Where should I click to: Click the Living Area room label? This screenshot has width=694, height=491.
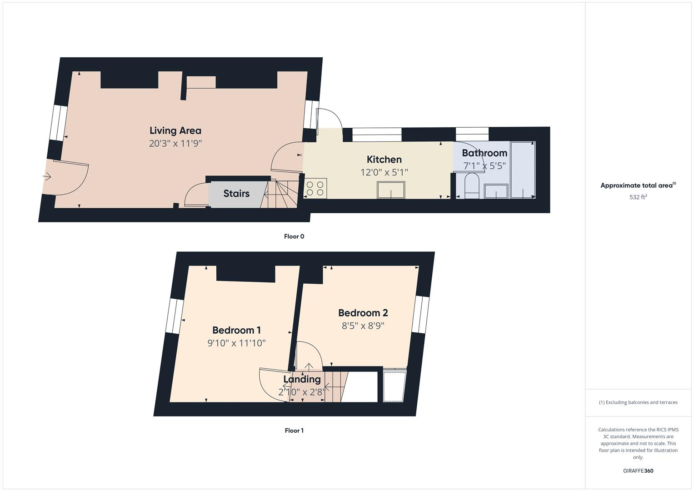coord(175,130)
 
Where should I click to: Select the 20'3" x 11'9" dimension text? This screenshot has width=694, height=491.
coord(175,144)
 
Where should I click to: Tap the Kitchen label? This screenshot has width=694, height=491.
coord(384,160)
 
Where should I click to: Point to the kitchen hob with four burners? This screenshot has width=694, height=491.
coord(315,189)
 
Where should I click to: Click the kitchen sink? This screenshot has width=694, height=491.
coord(391,190)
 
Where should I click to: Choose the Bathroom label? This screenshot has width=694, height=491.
coord(484,153)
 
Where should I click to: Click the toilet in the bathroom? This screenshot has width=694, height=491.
coord(471,186)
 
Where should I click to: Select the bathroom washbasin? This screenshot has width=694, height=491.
coord(496,191)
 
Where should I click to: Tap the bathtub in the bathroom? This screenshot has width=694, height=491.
coord(523,170)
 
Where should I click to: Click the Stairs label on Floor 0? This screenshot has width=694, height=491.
coord(236,194)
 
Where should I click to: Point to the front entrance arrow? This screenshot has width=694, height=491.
coord(47,177)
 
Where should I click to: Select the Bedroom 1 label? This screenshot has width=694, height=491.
coord(236,331)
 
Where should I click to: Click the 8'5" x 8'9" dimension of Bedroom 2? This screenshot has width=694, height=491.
coord(363,326)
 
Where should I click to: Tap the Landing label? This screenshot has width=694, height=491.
coord(302,379)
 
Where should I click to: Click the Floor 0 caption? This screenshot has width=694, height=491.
coord(294,236)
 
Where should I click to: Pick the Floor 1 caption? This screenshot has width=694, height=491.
coord(294,431)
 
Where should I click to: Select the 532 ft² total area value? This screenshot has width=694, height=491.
coord(638,197)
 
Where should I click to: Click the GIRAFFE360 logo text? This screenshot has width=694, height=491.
coord(638,471)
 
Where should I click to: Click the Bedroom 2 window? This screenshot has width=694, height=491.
coord(421,315)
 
